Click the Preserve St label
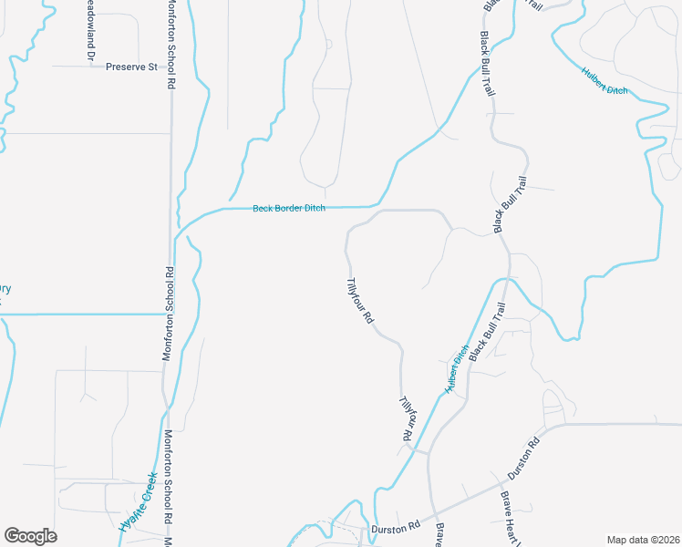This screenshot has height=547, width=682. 131,67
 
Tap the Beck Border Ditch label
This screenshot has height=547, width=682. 288,209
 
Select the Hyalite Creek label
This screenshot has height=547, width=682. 139,502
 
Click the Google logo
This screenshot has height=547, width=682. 30,536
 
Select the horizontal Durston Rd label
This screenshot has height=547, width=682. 395,528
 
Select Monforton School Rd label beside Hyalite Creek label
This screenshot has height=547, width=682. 169,476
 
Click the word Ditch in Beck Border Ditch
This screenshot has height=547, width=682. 314,209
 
